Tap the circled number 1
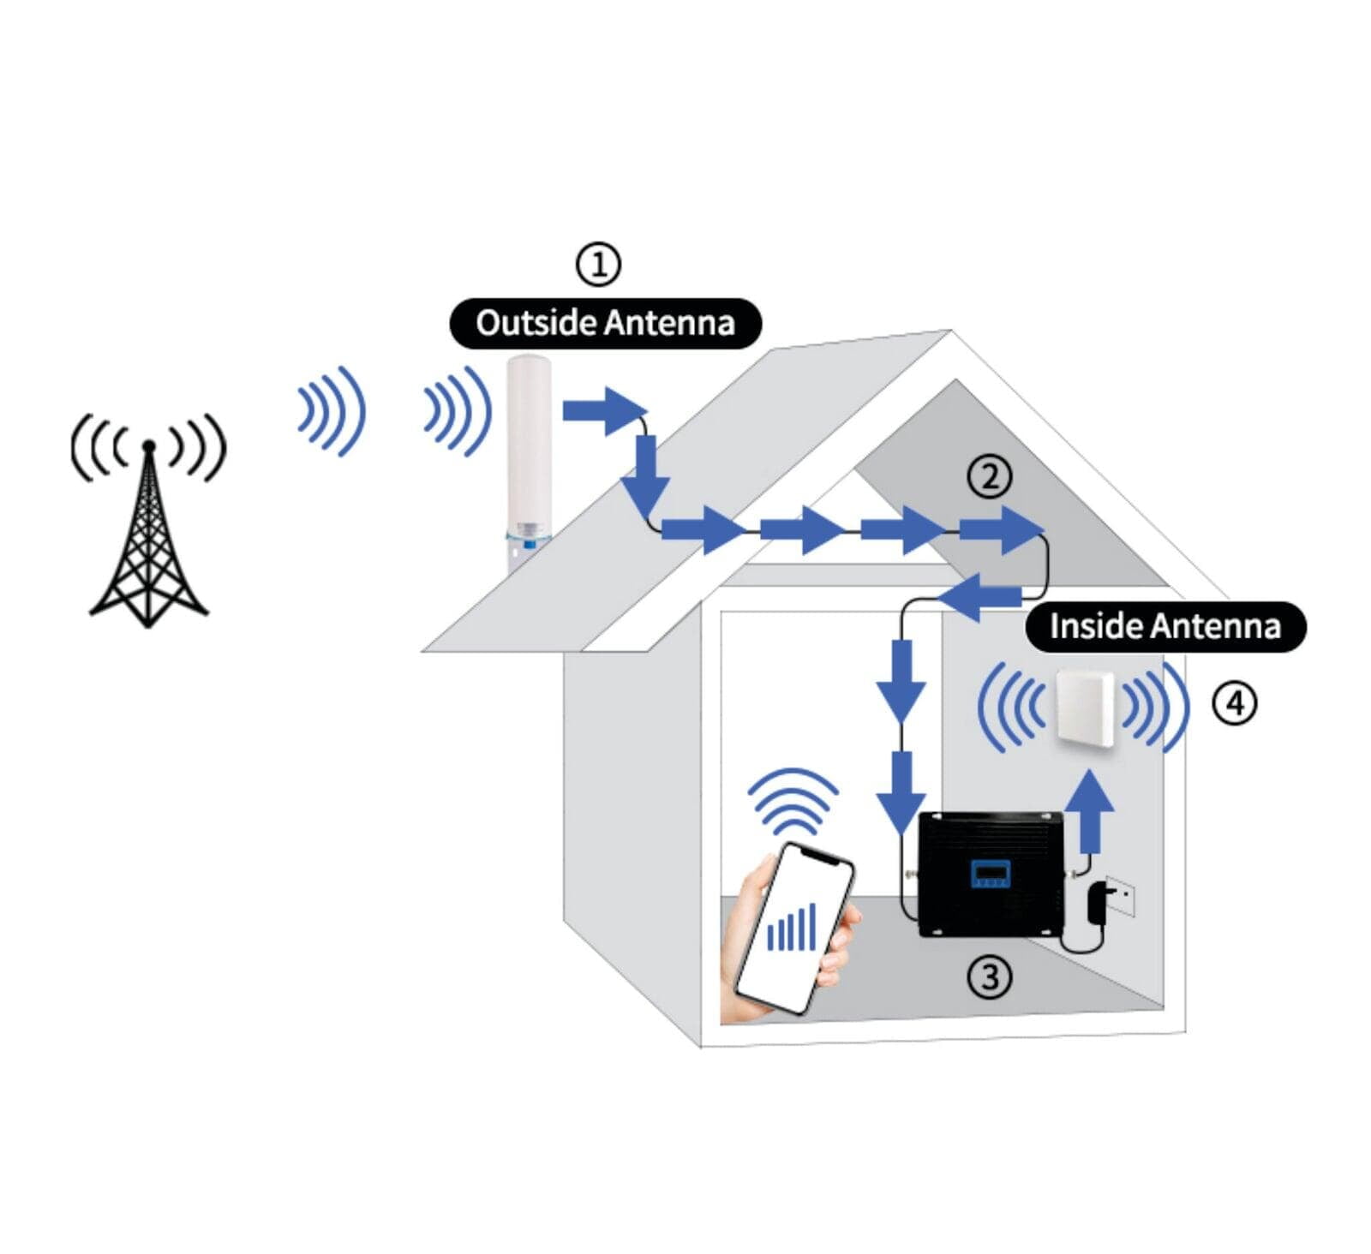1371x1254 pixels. (597, 264)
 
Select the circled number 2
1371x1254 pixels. (990, 476)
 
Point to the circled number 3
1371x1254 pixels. (989, 976)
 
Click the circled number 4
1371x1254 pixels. (1234, 703)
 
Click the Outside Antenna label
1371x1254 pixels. (605, 323)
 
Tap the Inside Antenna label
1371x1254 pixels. (1165, 626)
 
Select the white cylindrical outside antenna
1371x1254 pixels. (529, 458)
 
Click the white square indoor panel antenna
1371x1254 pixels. (1085, 708)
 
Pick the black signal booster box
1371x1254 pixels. (991, 874)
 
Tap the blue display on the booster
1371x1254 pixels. (990, 875)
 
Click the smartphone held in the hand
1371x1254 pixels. (796, 929)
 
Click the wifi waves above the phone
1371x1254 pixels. (793, 802)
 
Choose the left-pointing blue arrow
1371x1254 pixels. (979, 597)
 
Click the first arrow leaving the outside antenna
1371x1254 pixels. (603, 410)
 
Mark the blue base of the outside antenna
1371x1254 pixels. (528, 539)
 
